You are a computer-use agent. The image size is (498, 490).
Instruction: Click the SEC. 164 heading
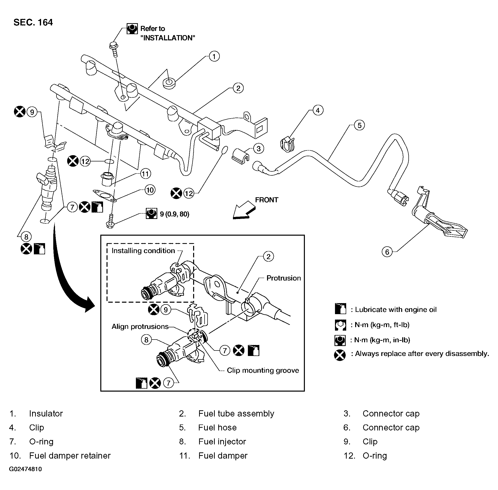click(x=33, y=22)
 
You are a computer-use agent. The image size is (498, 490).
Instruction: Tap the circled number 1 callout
click(x=214, y=56)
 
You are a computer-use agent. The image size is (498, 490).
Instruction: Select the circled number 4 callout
click(x=318, y=110)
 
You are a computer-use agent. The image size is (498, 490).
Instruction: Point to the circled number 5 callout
click(x=359, y=125)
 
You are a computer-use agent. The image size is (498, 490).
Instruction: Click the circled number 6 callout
click(x=387, y=252)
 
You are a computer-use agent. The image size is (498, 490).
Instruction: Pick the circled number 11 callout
click(x=146, y=174)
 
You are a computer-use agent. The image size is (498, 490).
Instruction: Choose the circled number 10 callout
click(x=150, y=190)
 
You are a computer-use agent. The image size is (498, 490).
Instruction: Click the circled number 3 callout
click(x=259, y=148)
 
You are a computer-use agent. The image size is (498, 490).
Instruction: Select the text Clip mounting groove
click(x=263, y=370)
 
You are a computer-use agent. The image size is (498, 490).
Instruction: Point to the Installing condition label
click(x=143, y=251)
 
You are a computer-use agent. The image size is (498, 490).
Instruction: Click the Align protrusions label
click(x=140, y=326)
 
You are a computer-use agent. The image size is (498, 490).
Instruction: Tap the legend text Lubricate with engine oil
click(x=396, y=309)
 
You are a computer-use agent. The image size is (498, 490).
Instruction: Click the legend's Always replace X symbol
click(x=340, y=355)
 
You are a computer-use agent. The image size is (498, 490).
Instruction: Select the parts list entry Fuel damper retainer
click(x=70, y=456)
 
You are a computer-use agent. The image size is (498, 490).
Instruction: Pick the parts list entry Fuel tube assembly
click(x=236, y=413)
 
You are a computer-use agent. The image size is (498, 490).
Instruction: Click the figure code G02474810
click(x=25, y=469)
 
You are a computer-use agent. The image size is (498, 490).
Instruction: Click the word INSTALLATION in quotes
click(x=168, y=38)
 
